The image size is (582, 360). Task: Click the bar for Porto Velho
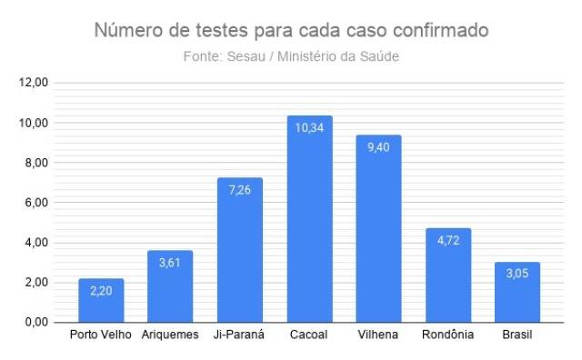point(101,300)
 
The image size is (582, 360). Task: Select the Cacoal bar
point(310,219)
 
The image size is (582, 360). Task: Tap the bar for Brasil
point(517,292)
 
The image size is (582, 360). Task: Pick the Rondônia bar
point(448,275)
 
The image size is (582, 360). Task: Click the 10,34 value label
point(309,128)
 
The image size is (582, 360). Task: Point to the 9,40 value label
point(378,147)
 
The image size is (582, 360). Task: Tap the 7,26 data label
point(240,190)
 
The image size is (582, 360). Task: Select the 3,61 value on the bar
point(170,263)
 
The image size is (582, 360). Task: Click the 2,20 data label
point(101,291)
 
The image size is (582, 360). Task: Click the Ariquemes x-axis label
point(170,335)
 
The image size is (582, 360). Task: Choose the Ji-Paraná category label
point(239,335)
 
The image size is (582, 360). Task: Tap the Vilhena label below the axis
point(378,335)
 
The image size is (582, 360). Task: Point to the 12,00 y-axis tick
point(34,83)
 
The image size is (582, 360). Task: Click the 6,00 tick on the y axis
point(36,203)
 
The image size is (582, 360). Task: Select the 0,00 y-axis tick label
point(36,322)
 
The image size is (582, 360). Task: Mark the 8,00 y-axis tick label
point(36,163)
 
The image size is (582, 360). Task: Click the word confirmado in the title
point(441,30)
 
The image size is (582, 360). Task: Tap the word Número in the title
point(128,30)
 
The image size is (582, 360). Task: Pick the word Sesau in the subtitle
point(246,56)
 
